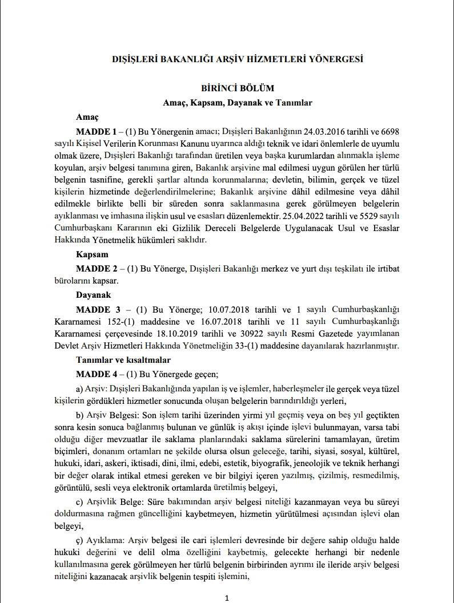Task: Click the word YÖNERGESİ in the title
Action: click(x=334, y=59)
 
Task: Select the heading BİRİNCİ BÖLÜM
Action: click(x=238, y=88)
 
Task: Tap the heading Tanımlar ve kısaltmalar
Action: click(x=123, y=360)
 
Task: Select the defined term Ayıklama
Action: click(x=106, y=540)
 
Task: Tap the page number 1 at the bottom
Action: click(x=227, y=598)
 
